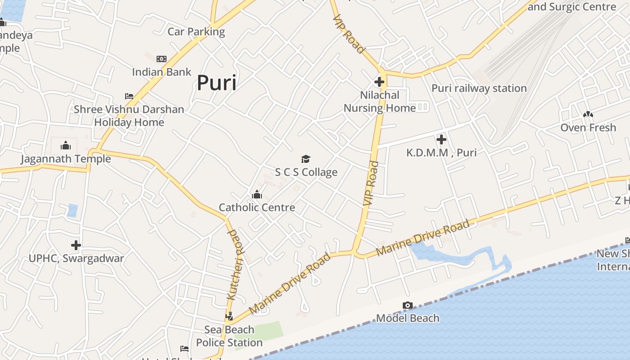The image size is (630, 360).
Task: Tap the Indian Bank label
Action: pos(162,72)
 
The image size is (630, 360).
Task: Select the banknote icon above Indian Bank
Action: pos(162,59)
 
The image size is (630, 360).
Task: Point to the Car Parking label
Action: pos(196,31)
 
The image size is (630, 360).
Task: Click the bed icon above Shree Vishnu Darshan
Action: pos(129,96)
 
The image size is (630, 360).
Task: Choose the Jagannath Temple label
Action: pos(66,159)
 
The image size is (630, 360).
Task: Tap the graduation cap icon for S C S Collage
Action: pos(306,159)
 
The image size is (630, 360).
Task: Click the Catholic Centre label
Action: pos(257,207)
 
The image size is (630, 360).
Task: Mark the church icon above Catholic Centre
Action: pos(257,194)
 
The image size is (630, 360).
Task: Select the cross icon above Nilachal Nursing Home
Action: pos(379,82)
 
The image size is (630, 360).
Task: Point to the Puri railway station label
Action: pos(479,88)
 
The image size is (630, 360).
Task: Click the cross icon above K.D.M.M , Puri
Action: pos(441,139)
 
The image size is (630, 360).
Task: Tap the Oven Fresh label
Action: pos(588,128)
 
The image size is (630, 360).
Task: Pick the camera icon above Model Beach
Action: pos(407,306)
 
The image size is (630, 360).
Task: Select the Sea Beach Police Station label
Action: pos(229,336)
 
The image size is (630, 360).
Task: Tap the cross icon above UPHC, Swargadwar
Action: pos(76,245)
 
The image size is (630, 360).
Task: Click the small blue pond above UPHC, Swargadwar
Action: pos(72,211)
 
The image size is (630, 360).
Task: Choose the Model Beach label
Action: pos(408,318)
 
